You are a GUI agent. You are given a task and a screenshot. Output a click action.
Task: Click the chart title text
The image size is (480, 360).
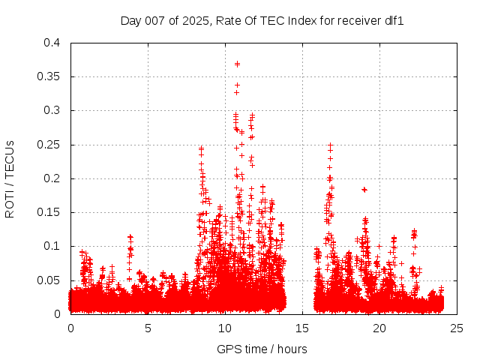tap(262, 21)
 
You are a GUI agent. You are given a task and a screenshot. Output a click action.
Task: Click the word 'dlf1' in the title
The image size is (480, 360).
tap(394, 21)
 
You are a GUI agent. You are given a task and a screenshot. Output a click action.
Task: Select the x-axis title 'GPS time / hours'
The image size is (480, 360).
tap(262, 349)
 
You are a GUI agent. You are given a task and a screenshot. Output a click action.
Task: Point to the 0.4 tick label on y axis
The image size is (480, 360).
tap(51, 43)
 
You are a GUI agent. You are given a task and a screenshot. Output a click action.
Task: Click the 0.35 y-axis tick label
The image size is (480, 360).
tap(48, 76)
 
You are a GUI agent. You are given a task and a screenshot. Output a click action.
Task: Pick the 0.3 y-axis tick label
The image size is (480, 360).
tap(51, 110)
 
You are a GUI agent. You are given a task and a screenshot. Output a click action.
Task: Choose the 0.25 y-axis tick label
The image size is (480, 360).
tap(48, 144)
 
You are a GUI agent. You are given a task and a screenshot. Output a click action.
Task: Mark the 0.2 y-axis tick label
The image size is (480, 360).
tap(51, 178)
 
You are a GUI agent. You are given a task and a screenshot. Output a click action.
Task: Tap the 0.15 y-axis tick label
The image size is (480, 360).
tap(48, 212)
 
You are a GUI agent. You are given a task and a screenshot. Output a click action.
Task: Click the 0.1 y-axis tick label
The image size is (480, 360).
tap(51, 246)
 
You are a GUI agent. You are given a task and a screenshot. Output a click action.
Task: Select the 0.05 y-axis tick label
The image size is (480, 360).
tap(48, 280)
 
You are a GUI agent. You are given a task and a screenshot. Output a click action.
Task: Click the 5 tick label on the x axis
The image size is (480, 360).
tap(148, 328)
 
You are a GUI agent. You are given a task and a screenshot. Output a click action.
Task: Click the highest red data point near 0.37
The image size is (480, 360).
tap(237, 64)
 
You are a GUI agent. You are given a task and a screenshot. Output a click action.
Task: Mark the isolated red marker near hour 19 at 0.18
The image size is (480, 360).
tap(364, 190)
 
